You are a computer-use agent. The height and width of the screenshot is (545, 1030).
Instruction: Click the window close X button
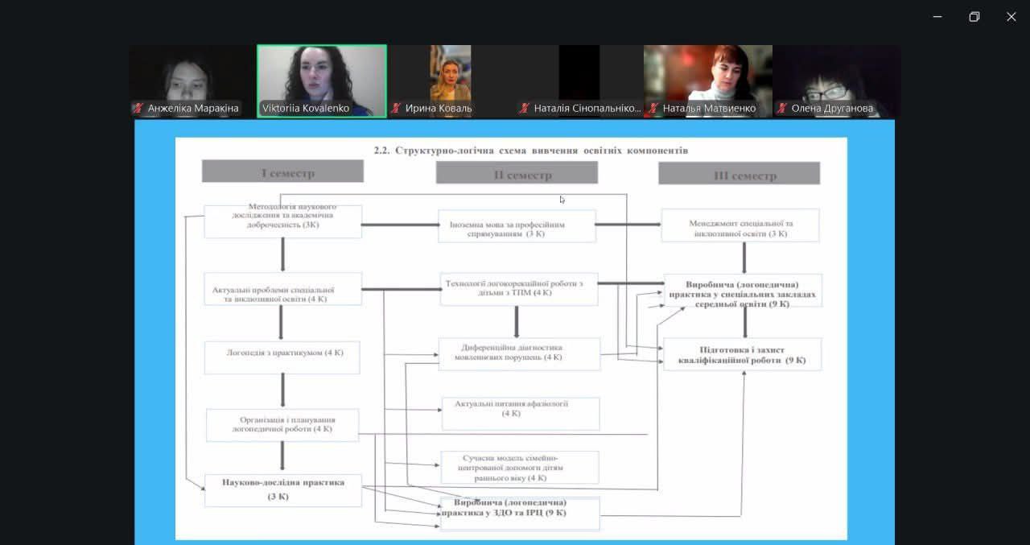click(x=1011, y=17)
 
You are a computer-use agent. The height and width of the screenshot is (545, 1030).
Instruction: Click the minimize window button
click(x=937, y=17)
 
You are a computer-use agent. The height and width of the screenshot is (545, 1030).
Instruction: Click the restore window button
click(x=974, y=17)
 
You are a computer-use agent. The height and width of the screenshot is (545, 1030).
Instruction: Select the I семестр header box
click(x=282, y=171)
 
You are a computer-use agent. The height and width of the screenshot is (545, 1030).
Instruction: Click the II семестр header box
click(x=517, y=173)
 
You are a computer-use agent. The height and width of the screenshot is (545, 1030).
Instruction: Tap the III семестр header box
click(x=739, y=174)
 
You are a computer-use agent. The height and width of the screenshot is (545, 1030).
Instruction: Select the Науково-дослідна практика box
click(x=282, y=489)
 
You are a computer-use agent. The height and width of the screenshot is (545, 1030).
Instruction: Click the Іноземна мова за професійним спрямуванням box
click(x=517, y=226)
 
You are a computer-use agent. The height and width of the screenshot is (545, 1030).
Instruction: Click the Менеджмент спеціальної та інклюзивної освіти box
click(x=740, y=225)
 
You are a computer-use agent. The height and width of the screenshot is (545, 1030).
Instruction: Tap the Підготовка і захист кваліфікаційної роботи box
click(x=742, y=354)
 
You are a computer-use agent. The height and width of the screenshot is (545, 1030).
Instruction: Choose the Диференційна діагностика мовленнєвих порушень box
click(x=519, y=353)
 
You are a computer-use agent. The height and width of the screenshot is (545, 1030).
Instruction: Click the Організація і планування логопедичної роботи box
click(x=282, y=425)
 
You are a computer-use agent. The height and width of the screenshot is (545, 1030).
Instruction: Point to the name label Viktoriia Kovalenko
click(x=306, y=108)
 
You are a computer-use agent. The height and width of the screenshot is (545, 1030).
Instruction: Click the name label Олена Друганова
click(x=832, y=108)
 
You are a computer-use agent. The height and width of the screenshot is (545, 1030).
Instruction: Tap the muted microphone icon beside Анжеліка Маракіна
click(x=138, y=108)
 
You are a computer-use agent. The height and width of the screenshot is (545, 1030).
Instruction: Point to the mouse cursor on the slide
click(x=562, y=199)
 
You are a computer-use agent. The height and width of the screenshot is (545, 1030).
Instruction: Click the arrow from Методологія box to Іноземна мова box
click(x=399, y=225)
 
